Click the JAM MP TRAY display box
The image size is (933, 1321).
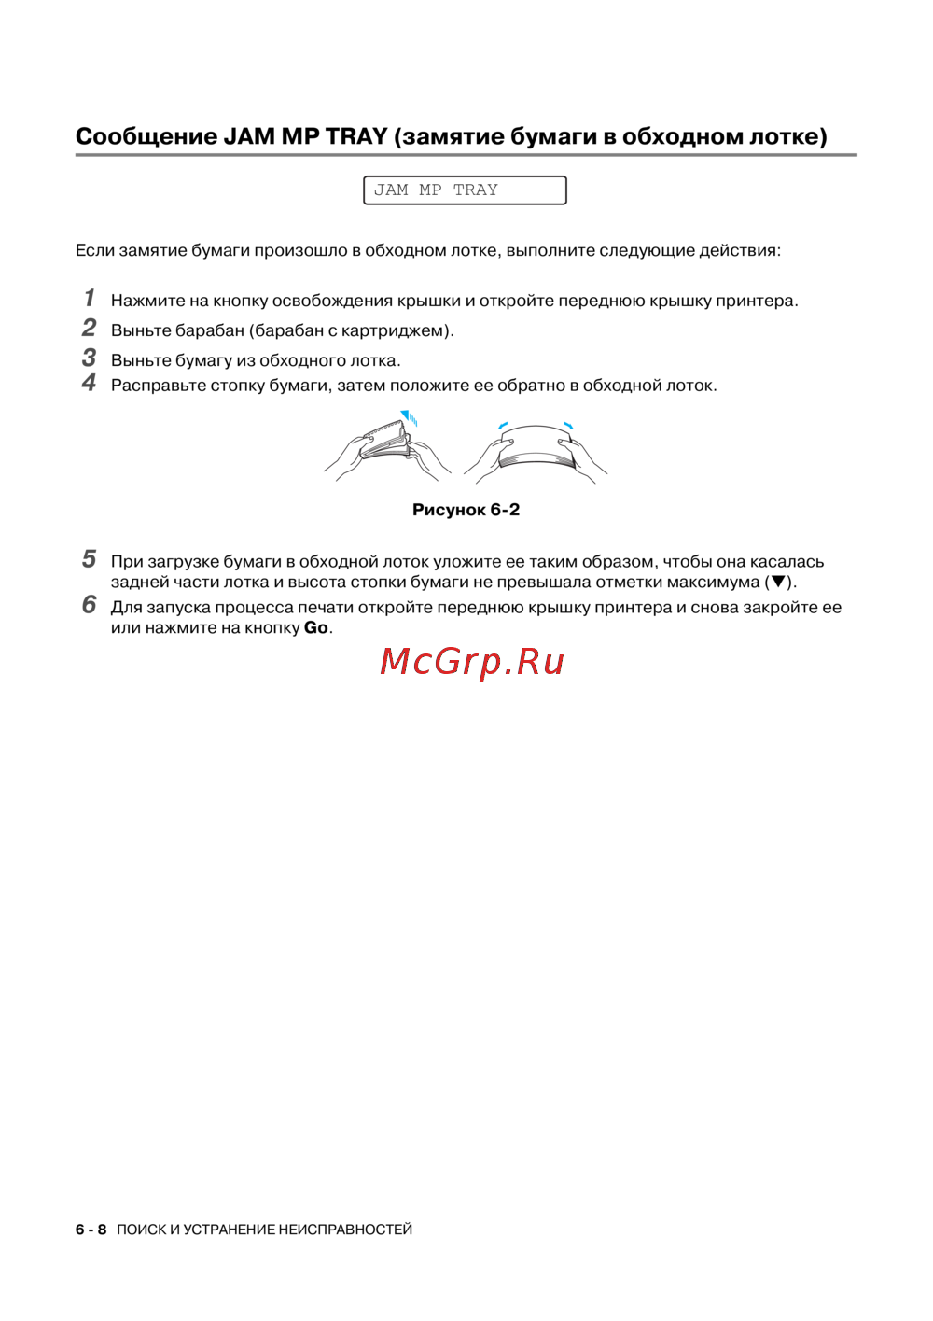(x=465, y=190)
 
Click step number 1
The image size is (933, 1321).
(x=90, y=298)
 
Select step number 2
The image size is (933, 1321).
(x=89, y=328)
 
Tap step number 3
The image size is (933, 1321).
(x=89, y=358)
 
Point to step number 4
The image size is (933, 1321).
(x=89, y=383)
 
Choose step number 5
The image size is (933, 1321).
(x=89, y=559)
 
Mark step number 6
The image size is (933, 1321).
(x=89, y=605)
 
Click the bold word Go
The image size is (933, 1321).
(x=315, y=628)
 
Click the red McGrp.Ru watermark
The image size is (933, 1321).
(x=472, y=662)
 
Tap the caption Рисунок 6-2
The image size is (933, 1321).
(x=466, y=510)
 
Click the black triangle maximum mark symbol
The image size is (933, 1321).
(x=778, y=583)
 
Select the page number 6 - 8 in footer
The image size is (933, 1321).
(x=91, y=1230)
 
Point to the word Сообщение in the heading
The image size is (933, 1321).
(x=146, y=136)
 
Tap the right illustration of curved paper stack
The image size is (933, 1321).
(x=536, y=450)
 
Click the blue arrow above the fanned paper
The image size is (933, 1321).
(x=408, y=416)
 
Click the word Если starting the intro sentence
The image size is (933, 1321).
(x=94, y=250)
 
